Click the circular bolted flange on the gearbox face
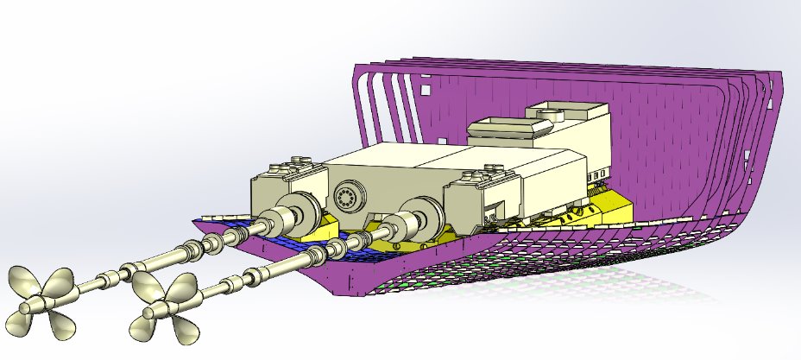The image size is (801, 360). coord(349,199)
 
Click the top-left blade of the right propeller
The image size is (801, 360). coord(155,287)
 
